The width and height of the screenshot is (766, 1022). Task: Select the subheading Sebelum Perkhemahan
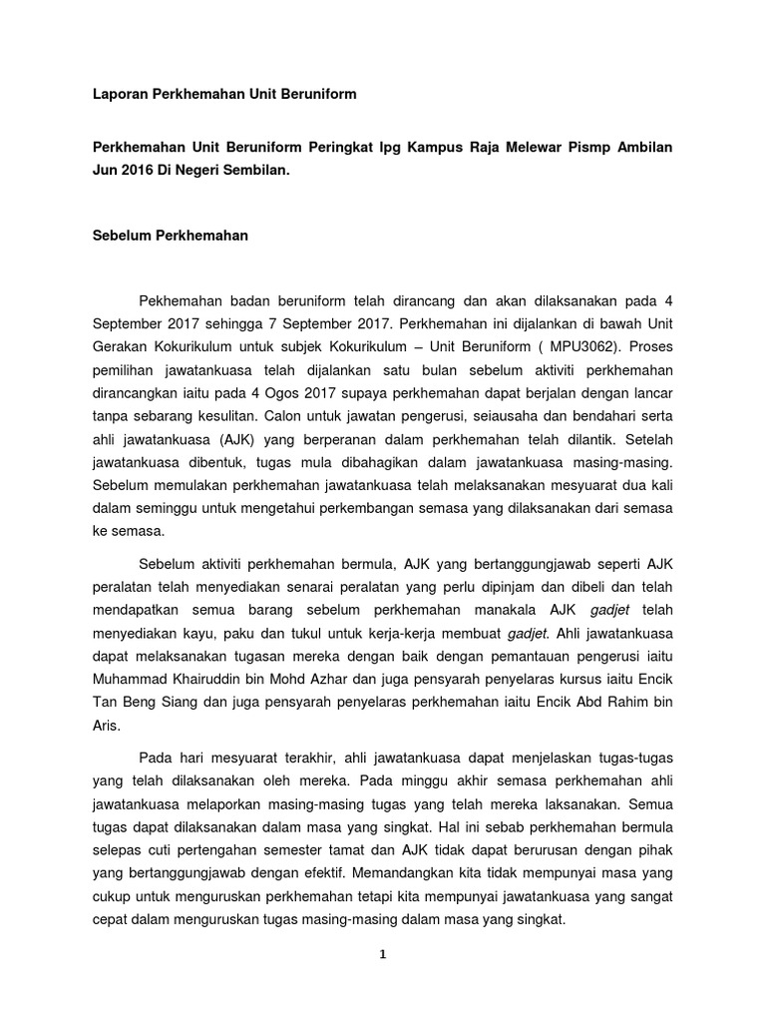170,237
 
